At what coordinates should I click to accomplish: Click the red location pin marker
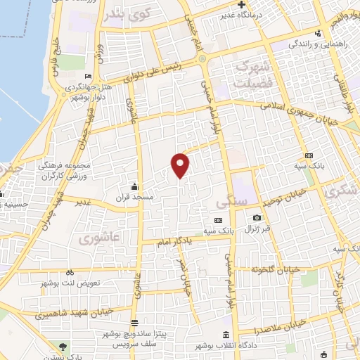point(181,165)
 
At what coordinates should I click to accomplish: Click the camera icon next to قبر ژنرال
point(257,219)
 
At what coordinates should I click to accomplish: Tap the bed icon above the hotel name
point(87,77)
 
